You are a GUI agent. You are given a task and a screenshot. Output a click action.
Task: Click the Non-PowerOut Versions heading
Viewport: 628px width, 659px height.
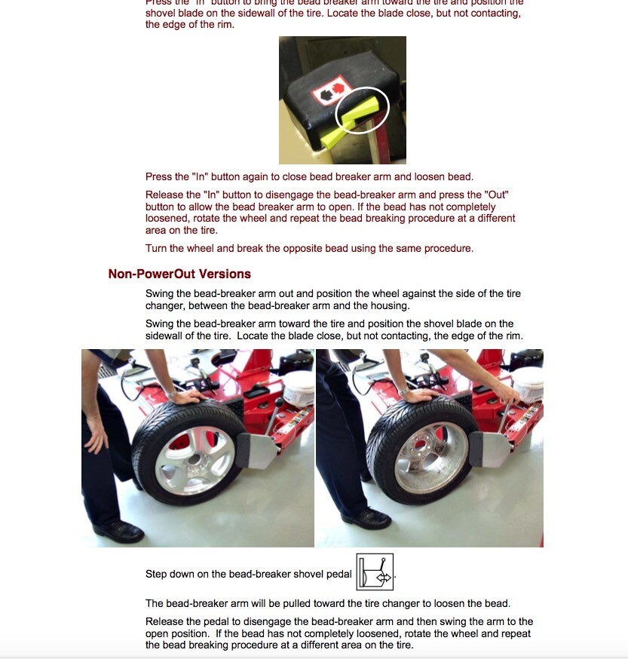coord(179,274)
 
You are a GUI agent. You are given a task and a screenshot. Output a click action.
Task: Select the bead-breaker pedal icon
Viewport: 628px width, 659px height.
coord(375,573)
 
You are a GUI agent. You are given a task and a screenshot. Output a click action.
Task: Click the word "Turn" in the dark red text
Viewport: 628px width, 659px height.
coord(157,248)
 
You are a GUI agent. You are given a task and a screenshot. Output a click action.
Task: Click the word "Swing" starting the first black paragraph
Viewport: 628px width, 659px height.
coord(160,293)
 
